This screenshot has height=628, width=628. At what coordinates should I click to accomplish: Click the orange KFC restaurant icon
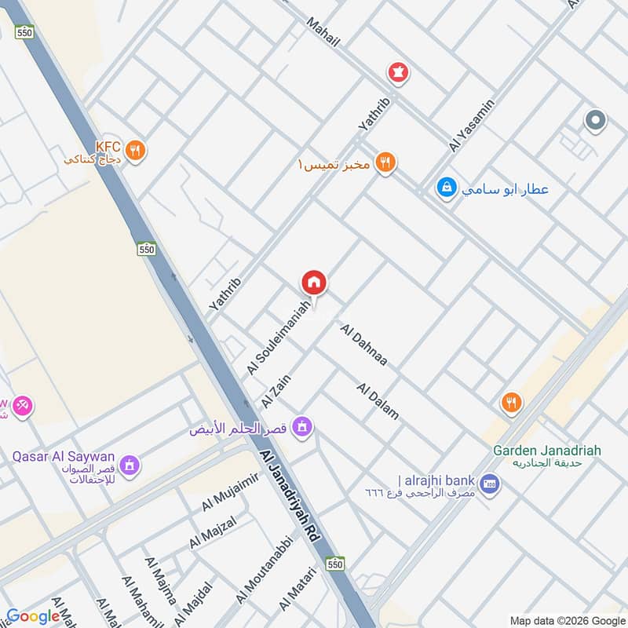coord(136,150)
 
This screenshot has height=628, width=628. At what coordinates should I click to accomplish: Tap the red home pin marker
coord(314,283)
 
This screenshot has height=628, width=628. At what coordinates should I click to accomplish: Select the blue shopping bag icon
coord(447,189)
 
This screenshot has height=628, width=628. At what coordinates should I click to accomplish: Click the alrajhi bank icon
coord(490,483)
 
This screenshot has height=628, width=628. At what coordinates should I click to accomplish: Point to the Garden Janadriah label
coord(547,451)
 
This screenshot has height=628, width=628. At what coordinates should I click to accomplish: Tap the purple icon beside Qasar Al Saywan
coord(131,464)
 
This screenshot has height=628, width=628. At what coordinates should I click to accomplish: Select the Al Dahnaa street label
coord(364,345)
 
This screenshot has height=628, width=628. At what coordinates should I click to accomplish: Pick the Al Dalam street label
coord(378,400)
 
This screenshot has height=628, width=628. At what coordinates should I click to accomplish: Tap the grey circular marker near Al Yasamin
coord(596,121)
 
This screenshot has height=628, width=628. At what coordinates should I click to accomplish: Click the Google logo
coord(33,616)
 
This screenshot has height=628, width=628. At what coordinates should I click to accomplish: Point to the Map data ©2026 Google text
coord(567,620)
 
